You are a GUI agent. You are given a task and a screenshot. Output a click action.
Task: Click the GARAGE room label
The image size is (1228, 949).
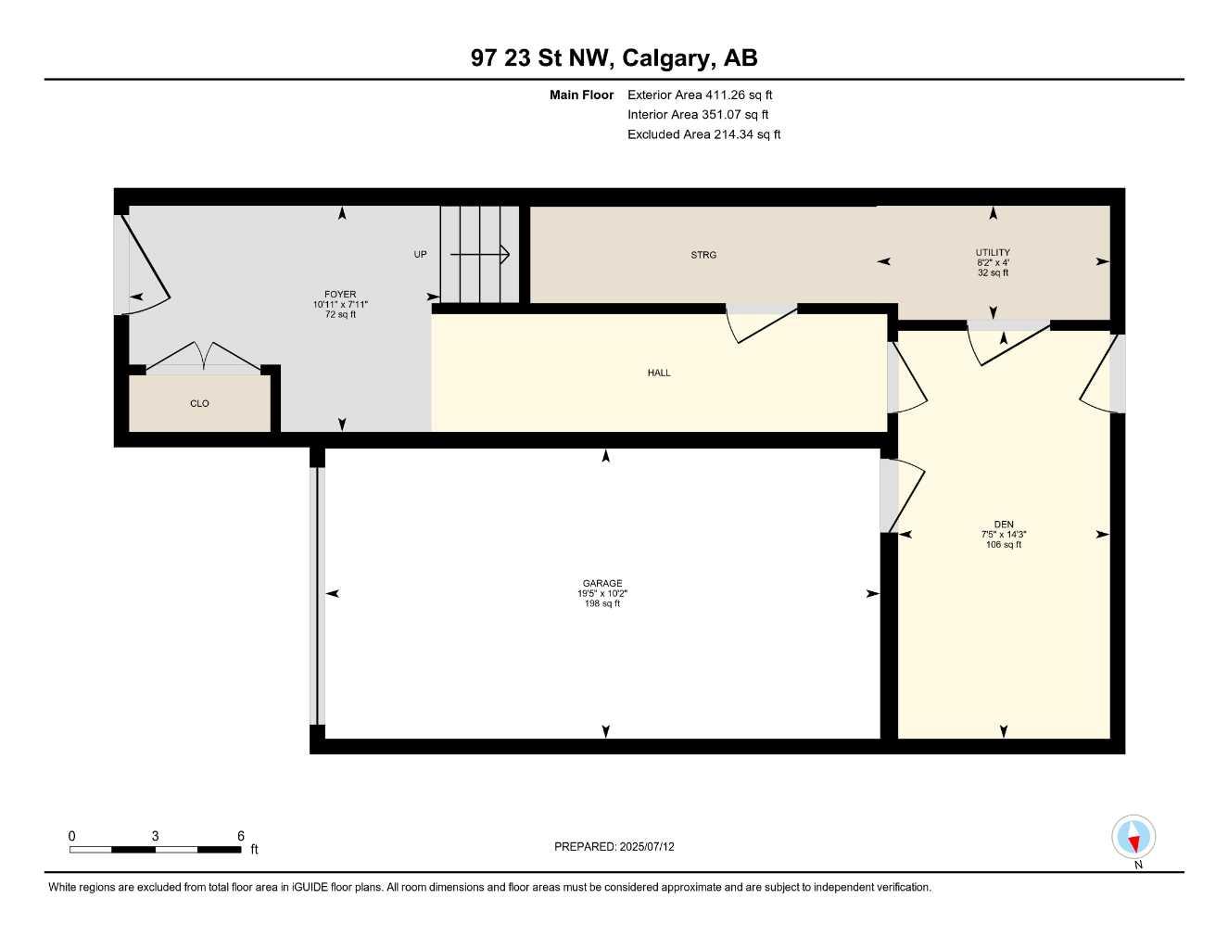602,583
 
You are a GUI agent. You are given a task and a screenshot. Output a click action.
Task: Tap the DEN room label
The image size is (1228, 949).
1004,525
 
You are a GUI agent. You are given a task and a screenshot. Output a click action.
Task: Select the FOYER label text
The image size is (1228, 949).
340,295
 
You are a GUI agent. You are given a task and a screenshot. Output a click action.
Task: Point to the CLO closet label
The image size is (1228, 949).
199,403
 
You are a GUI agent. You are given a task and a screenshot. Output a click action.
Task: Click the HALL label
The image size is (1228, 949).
659,373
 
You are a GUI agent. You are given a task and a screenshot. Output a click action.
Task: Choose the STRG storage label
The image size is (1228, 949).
703,255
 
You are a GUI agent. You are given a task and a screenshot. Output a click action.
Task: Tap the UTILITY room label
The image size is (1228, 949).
993,252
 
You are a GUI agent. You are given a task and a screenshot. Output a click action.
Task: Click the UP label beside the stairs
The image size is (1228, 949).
420,254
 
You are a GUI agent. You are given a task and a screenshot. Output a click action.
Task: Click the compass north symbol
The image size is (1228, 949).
1133,839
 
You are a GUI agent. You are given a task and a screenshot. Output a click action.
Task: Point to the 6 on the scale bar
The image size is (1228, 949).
241,836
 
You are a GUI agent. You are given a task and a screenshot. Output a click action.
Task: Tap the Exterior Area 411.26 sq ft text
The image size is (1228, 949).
700,95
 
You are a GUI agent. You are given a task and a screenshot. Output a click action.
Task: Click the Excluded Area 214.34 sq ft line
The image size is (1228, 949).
703,134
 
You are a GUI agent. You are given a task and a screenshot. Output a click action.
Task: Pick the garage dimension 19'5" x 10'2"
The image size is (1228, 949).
602,593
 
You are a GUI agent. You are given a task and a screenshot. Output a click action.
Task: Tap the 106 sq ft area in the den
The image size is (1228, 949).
1004,545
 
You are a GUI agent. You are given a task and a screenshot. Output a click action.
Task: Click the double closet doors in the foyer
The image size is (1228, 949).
203,356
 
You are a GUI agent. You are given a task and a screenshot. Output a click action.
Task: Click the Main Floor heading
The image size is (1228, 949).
581,95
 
